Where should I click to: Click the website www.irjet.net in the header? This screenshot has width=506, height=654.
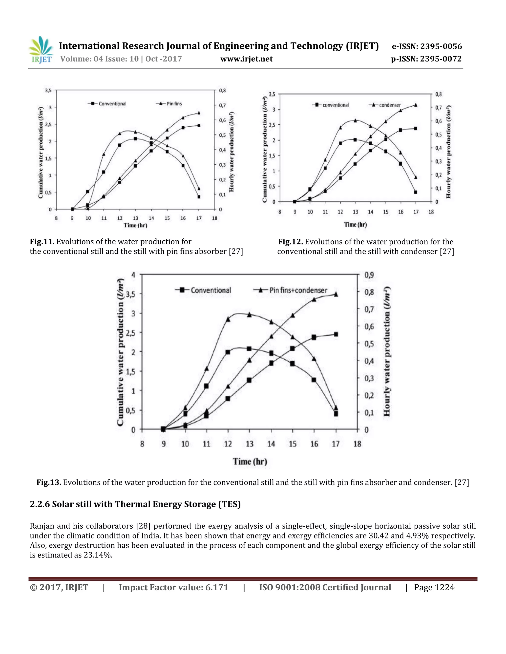(246, 59)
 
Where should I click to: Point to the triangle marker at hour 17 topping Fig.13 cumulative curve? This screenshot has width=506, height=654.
(336, 294)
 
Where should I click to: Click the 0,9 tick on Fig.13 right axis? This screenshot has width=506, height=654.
(369, 275)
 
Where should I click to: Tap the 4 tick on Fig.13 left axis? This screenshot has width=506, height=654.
(133, 275)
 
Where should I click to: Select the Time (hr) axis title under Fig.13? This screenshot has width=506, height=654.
(250, 462)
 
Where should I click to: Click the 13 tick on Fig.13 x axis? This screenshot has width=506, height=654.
(249, 444)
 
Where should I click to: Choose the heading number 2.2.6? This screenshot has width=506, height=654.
(40, 504)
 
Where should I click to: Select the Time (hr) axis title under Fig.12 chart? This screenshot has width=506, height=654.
(355, 224)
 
